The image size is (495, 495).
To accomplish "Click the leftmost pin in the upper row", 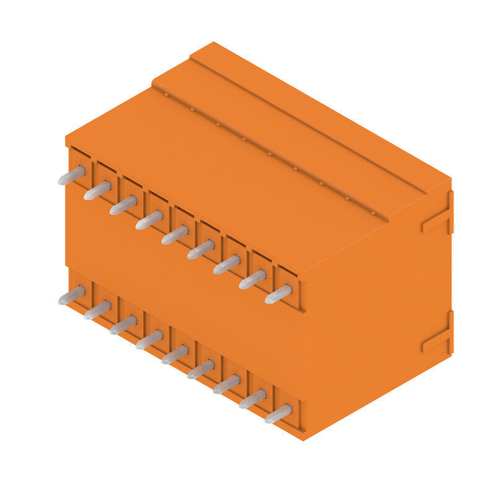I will click(x=71, y=175).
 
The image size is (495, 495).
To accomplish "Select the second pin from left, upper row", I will click(x=97, y=190).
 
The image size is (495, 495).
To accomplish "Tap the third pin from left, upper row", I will click(x=123, y=205).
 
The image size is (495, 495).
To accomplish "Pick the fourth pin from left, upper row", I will click(x=149, y=220).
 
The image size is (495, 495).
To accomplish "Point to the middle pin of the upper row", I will click(x=175, y=235).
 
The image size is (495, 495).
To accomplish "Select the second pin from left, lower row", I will click(x=97, y=309).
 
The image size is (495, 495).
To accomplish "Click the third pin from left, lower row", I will click(x=123, y=324).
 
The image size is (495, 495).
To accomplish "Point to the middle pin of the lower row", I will click(x=175, y=354).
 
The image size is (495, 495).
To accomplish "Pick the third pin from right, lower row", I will click(x=226, y=384).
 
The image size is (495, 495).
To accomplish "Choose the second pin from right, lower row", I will click(x=252, y=398).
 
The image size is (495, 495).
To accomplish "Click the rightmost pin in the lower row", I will click(x=278, y=413).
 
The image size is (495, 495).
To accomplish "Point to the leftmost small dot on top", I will click(x=166, y=95).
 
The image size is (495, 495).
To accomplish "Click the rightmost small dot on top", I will click(x=373, y=213).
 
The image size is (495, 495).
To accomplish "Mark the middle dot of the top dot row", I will click(x=269, y=154).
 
